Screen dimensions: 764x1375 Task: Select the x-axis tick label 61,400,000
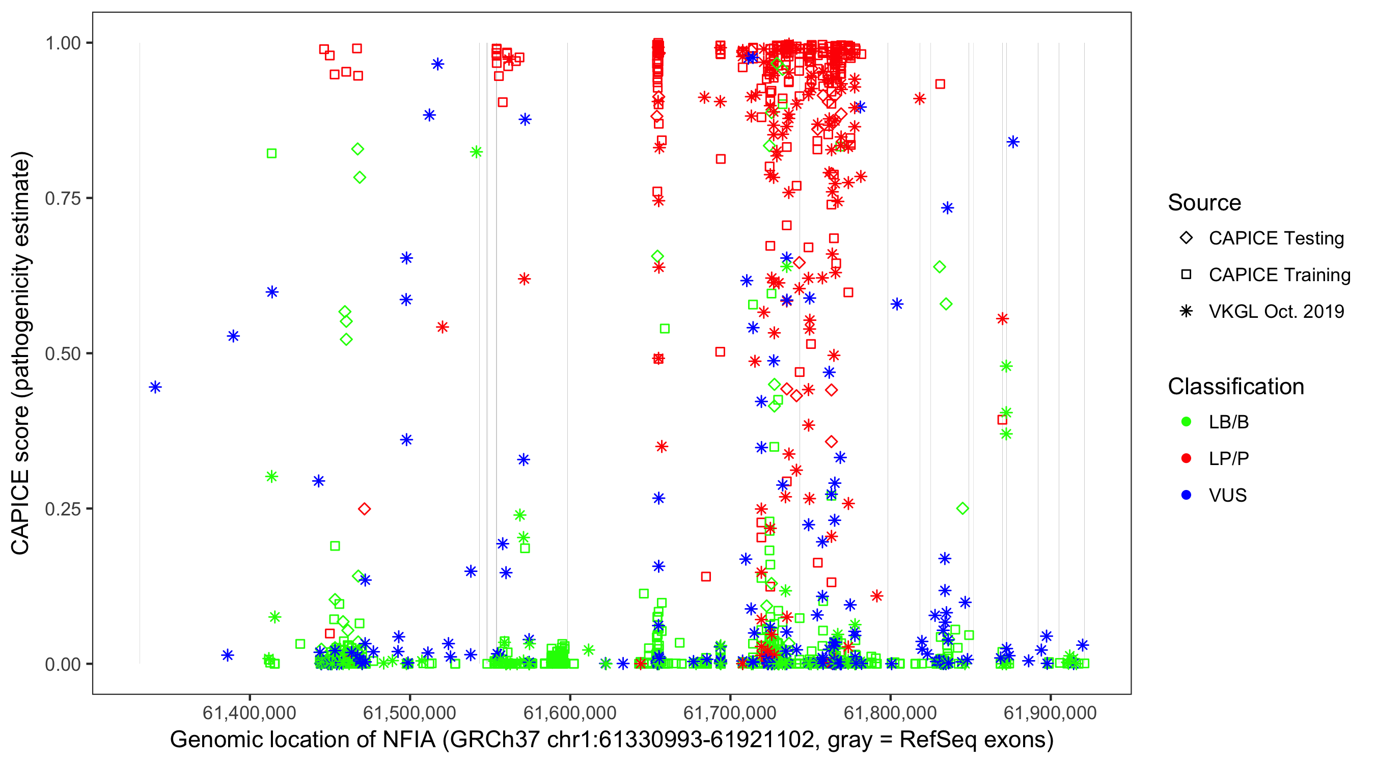tap(249, 712)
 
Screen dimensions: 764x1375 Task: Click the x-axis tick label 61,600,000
tap(569, 712)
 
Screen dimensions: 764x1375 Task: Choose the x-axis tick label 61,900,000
tap(1050, 712)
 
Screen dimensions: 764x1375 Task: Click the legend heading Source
tap(1204, 203)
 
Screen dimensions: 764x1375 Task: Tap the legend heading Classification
tap(1235, 387)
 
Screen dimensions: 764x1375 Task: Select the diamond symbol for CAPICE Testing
tap(1186, 238)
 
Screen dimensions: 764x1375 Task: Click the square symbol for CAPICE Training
tap(1186, 275)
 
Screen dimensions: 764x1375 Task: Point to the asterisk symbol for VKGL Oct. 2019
tap(1186, 311)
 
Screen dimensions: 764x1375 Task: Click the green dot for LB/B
tap(1186, 422)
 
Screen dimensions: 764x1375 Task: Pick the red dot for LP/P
tap(1186, 458)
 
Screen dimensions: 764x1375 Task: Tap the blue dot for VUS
tap(1186, 495)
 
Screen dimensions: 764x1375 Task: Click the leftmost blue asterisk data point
tap(155, 387)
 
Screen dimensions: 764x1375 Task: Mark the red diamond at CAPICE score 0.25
tap(365, 509)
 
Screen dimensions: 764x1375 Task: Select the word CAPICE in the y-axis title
tap(20, 511)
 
